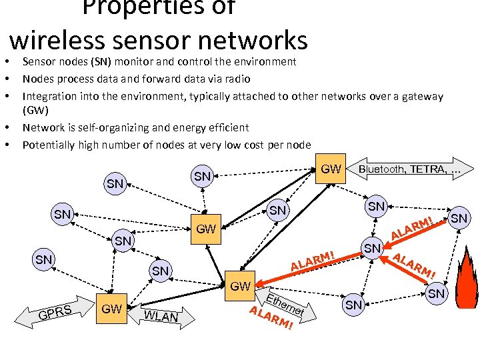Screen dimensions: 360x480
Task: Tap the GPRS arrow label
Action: (56, 311)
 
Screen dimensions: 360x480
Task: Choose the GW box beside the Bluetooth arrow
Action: (331, 169)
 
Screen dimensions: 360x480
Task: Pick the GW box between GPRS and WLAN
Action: (111, 309)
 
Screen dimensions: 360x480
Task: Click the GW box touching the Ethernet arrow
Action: (239, 286)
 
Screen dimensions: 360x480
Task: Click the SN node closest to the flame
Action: (437, 293)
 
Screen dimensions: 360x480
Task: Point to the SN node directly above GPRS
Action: (44, 259)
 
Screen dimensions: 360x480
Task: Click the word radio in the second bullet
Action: (237, 79)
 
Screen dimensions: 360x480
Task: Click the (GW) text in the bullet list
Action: (35, 110)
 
